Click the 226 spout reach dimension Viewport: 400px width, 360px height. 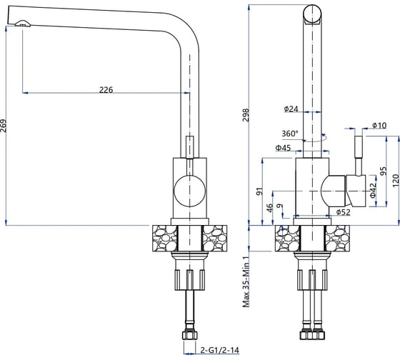point(106,90)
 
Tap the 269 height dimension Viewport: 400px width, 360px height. point(4,126)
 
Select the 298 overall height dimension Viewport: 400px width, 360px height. point(246,115)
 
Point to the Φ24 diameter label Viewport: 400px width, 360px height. point(291,109)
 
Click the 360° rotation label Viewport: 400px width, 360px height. point(290,134)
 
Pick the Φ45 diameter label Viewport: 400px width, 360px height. point(283,148)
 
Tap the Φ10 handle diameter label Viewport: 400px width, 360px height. point(379,125)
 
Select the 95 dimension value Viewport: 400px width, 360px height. point(384,171)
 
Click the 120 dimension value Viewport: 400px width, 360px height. point(396,181)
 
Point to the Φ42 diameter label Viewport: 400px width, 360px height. point(373,190)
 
